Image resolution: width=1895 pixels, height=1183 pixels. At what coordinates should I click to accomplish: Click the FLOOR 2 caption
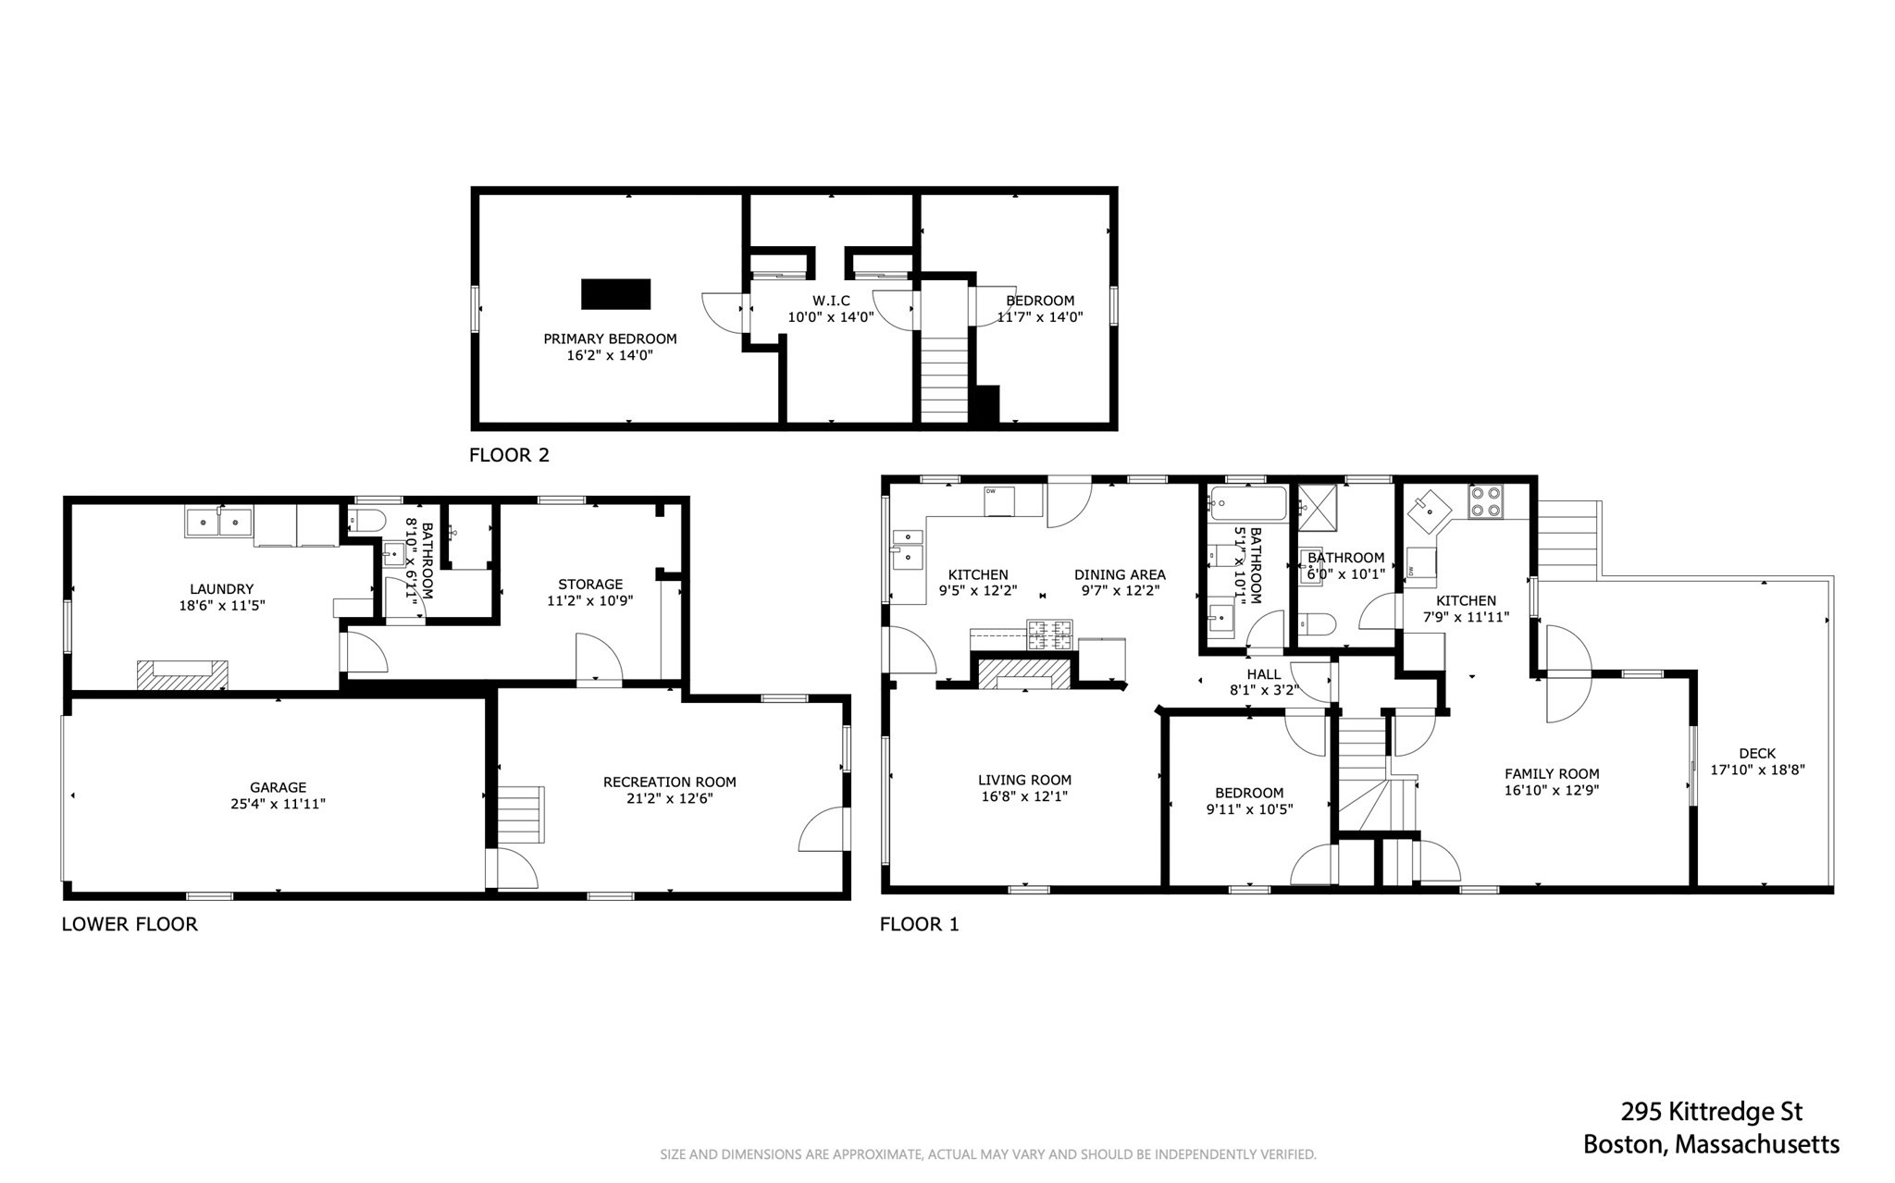click(509, 455)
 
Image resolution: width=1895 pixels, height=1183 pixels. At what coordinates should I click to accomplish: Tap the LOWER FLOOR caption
click(130, 924)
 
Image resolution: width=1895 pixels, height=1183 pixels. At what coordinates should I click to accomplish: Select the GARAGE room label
click(278, 788)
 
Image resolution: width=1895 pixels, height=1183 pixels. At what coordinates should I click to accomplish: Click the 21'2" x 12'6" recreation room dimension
click(669, 799)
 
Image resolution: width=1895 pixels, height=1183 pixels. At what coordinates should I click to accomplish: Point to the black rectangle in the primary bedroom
click(615, 294)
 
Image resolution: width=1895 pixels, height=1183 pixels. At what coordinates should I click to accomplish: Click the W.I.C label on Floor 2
click(831, 301)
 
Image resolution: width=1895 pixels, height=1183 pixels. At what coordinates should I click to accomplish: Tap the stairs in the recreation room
click(520, 814)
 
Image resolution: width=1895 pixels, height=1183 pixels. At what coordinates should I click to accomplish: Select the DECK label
click(1756, 753)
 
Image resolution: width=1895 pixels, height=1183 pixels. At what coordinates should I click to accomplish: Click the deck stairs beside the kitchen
click(1567, 540)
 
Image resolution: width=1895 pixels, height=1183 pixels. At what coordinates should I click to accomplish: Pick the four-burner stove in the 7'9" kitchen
click(1486, 501)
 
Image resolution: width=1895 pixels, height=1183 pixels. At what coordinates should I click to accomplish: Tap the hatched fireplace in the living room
click(1024, 673)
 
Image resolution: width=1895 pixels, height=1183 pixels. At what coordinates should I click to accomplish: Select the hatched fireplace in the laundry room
click(182, 674)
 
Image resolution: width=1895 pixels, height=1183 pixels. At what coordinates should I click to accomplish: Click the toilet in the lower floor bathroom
click(365, 521)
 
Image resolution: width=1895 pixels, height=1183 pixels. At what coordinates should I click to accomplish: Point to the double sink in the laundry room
click(219, 523)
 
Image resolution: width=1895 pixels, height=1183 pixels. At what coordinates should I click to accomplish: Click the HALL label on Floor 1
click(1263, 674)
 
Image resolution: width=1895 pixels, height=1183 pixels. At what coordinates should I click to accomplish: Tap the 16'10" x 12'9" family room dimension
click(1552, 791)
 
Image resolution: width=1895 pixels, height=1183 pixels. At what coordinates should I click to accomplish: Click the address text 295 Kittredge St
click(1711, 1111)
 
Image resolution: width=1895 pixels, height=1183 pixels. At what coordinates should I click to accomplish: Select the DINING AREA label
click(1120, 574)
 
